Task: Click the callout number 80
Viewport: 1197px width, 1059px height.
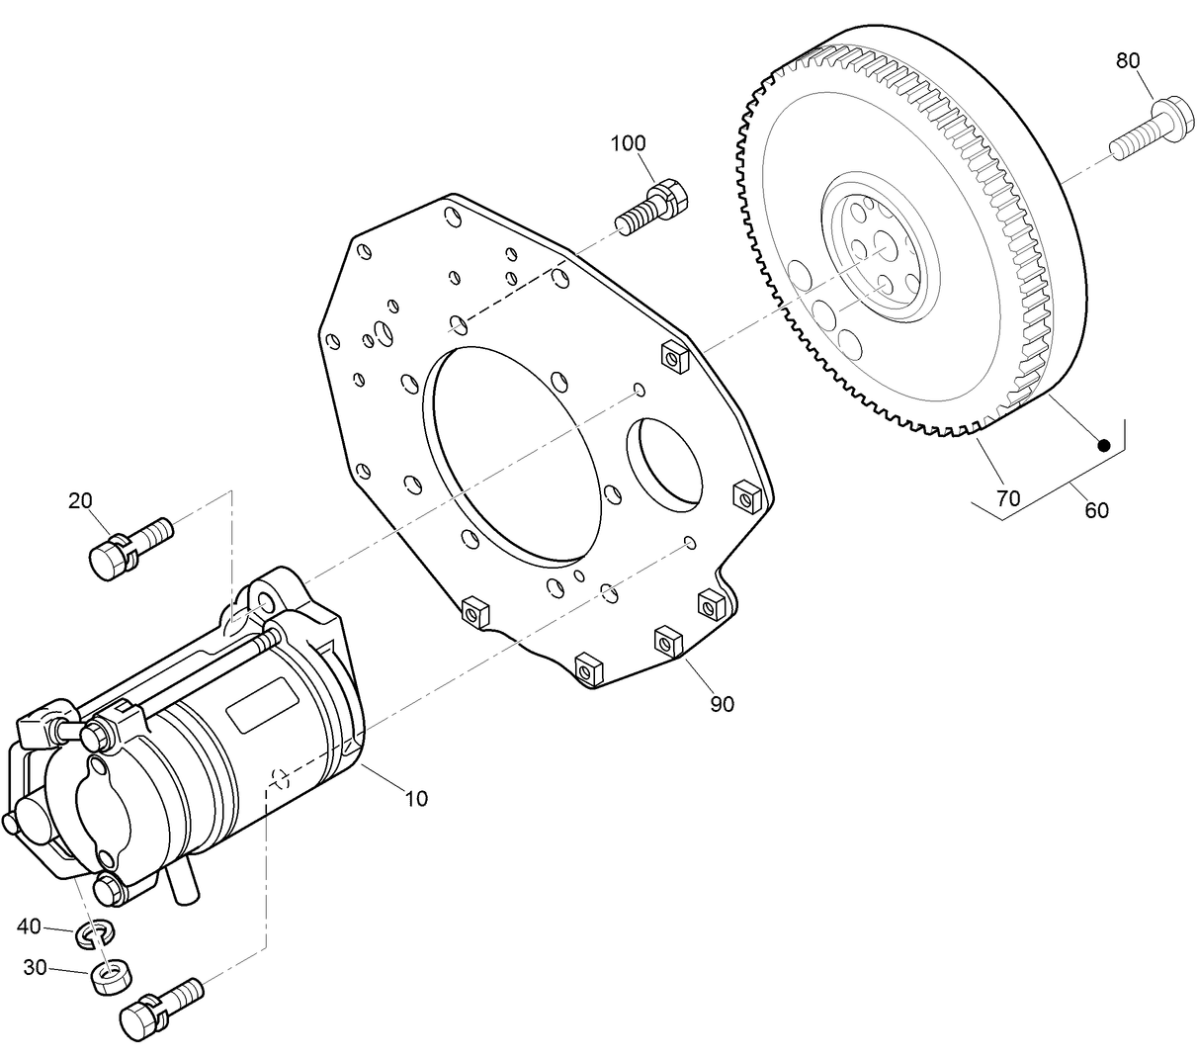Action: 1128,60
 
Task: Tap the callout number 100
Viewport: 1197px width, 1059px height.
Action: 628,143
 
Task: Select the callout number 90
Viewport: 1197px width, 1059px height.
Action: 722,704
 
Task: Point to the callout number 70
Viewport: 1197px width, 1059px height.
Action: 1008,498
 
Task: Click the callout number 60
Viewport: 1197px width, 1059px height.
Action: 1096,510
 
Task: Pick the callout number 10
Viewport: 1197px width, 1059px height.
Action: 417,798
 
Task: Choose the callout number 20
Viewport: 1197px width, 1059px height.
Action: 80,500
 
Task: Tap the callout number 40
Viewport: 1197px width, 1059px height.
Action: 30,927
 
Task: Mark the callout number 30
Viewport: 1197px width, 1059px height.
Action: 35,968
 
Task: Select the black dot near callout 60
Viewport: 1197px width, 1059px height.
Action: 1104,446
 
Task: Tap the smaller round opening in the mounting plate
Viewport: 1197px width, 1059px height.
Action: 668,465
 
